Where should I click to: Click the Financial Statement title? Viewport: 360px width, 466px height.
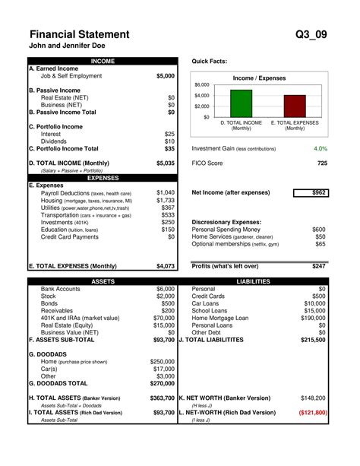pyautogui.click(x=79, y=34)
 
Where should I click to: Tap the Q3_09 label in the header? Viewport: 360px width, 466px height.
pyautogui.click(x=311, y=34)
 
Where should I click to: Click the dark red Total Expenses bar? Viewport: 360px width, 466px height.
pyautogui.click(x=295, y=106)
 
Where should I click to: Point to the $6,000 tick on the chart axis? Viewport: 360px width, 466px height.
pyautogui.click(x=201, y=84)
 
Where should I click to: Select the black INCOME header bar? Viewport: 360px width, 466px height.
pyautogui.click(x=103, y=60)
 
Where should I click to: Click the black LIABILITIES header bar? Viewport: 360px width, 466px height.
pyautogui.click(x=254, y=281)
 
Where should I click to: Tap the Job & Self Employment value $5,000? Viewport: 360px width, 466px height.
pyautogui.click(x=165, y=76)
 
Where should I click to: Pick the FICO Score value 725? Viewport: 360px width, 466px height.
pyautogui.click(x=322, y=163)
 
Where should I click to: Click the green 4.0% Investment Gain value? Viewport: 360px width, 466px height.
pyautogui.click(x=320, y=149)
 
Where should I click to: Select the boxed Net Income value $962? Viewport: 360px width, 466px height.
pyautogui.click(x=318, y=193)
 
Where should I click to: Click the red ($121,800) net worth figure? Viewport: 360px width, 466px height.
pyautogui.click(x=312, y=412)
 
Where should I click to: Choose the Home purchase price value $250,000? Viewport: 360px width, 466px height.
pyautogui.click(x=163, y=362)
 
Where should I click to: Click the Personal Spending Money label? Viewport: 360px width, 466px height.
pyautogui.click(x=226, y=229)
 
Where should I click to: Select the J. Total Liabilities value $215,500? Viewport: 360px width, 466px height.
pyautogui.click(x=312, y=340)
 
